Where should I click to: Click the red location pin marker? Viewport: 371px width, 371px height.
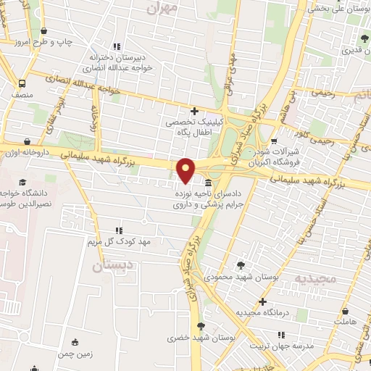[x=186, y=170]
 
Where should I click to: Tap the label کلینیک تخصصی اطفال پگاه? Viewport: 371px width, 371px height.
[x=193, y=129]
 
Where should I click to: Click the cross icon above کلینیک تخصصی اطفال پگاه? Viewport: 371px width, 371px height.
[x=193, y=111]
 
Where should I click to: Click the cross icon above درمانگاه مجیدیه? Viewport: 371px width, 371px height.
[x=262, y=301]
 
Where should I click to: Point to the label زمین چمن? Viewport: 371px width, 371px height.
[x=75, y=354]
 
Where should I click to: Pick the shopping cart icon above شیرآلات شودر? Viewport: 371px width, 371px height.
[x=274, y=141]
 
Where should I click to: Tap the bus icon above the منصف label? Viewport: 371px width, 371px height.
[x=22, y=83]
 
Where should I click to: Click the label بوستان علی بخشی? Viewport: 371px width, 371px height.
[x=340, y=9]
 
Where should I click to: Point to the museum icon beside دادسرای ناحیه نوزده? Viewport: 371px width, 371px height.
[x=209, y=183]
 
